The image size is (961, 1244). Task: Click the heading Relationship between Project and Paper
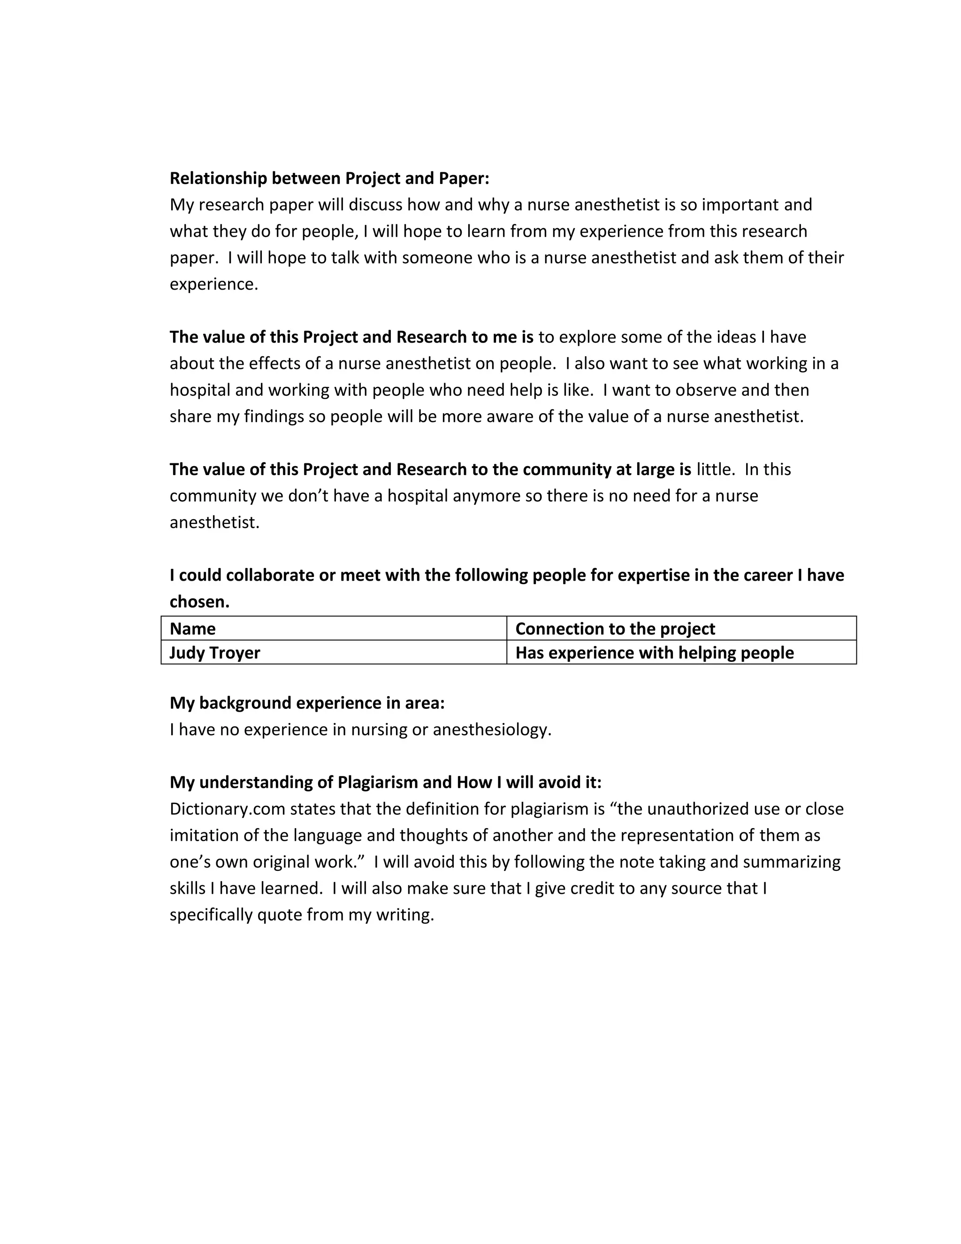point(329,178)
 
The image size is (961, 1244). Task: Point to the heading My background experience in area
point(307,703)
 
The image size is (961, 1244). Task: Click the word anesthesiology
point(492,730)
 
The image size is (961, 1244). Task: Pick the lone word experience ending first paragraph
point(214,284)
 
